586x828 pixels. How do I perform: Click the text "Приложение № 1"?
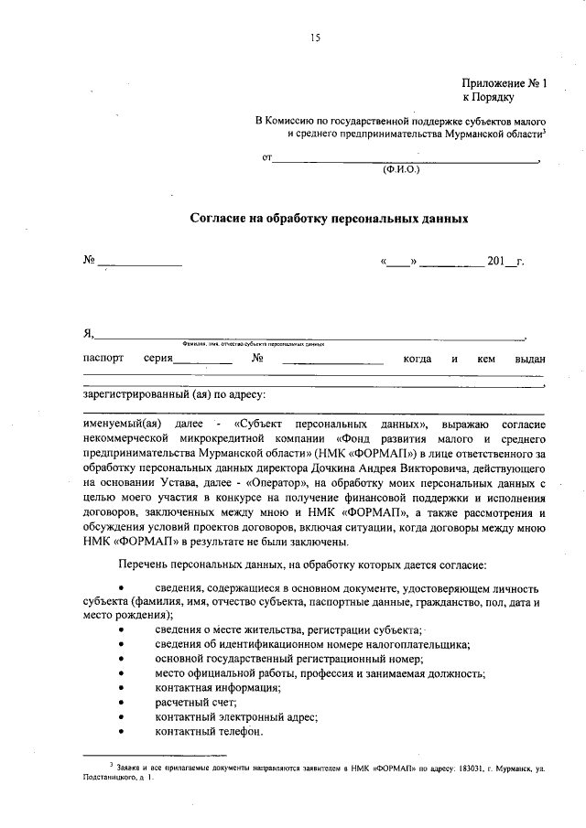pos(503,82)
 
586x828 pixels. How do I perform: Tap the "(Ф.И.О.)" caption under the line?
pos(400,170)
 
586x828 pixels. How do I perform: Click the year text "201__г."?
pos(505,262)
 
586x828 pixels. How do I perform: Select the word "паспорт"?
pos(103,359)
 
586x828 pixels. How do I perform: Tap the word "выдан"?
pos(530,359)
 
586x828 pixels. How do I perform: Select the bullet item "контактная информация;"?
pos(217,686)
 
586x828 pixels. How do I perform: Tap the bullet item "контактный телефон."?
pos(209,732)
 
